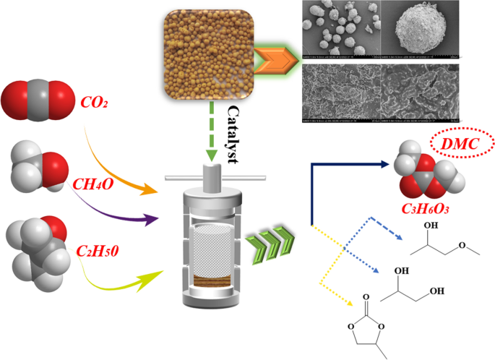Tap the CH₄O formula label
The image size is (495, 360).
(92, 183)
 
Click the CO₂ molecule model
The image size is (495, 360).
(37, 100)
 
